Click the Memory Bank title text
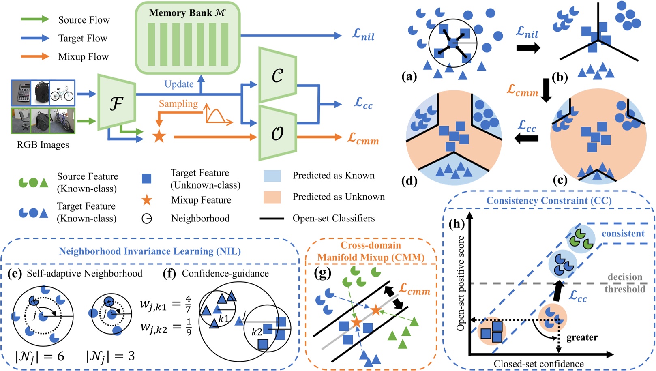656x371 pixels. (187, 13)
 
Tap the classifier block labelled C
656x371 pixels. (278, 75)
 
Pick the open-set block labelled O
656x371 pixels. (278, 133)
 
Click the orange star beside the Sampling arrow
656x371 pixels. (159, 136)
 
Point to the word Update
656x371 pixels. (179, 84)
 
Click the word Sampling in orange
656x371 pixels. (178, 104)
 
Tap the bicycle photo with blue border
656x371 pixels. (62, 93)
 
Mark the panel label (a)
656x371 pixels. (409, 76)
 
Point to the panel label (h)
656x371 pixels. (457, 223)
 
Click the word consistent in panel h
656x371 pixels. (623, 234)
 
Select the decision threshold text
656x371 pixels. (625, 283)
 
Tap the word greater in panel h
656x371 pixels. (582, 337)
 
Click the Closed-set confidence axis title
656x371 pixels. (538, 364)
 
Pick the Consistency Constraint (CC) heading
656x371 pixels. (549, 201)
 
